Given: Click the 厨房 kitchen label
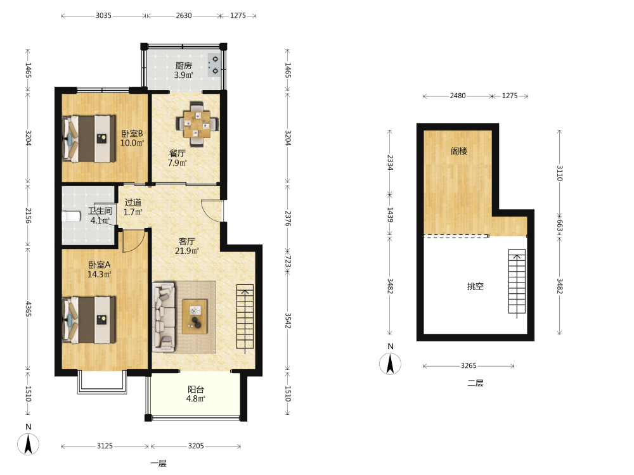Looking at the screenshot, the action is coord(184,65).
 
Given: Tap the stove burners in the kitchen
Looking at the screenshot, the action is coord(214,65).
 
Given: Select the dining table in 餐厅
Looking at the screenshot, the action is coord(197,124).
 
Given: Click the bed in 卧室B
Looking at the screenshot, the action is coord(89,139).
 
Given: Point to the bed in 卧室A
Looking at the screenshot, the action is coord(89,320).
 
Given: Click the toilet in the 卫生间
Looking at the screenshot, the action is coord(71,217).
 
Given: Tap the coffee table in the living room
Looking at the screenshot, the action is coord(195,317).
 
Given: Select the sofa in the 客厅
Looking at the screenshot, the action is coord(164,317).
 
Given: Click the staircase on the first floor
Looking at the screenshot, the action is coord(245,317).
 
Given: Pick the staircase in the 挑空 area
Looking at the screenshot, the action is coord(517,282).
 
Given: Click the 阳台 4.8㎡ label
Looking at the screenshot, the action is coord(196,394).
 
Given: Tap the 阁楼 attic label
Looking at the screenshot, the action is coord(459,151).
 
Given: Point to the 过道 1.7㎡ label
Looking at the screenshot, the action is coord(133,207).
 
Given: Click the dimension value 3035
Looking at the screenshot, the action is coord(103,15).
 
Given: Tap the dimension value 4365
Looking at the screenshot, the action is coord(29,308).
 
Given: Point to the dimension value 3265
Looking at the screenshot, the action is coord(469,365).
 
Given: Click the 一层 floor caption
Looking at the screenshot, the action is coord(158,464).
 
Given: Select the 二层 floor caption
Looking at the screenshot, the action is coord(475,383).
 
